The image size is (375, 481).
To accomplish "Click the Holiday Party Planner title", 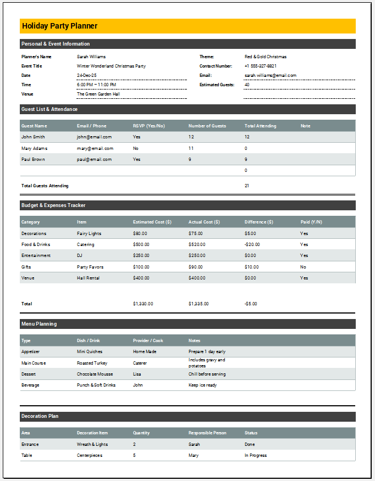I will coord(59,26).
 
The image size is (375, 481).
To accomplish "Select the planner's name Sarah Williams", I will coord(91,57).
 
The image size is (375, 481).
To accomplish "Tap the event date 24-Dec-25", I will coord(86,75).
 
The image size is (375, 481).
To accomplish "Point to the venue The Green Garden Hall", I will coord(98,94).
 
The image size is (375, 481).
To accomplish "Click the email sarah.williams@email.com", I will coord(271,75).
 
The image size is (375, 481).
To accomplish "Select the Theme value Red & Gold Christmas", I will coord(266,57).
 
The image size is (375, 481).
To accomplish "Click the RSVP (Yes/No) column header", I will coord(149,126).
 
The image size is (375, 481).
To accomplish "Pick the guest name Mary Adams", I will coord(34,148).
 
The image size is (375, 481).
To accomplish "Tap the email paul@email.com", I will coord(94,159).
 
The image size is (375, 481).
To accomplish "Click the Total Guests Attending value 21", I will coord(247,186).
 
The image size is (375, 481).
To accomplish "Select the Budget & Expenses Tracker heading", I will coord(53,205).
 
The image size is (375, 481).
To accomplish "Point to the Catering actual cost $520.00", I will coord(197,244).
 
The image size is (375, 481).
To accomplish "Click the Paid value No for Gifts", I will coord(304,267).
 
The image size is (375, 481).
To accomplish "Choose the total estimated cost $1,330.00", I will coord(143,304).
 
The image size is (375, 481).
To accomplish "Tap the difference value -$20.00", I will coord(252,244).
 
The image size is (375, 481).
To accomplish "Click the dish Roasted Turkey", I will coord(92,363).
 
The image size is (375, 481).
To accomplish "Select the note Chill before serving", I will coord(207,374).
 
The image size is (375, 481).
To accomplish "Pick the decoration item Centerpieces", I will coord(90,455).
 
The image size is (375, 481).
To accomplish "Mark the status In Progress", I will coord(256,455).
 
